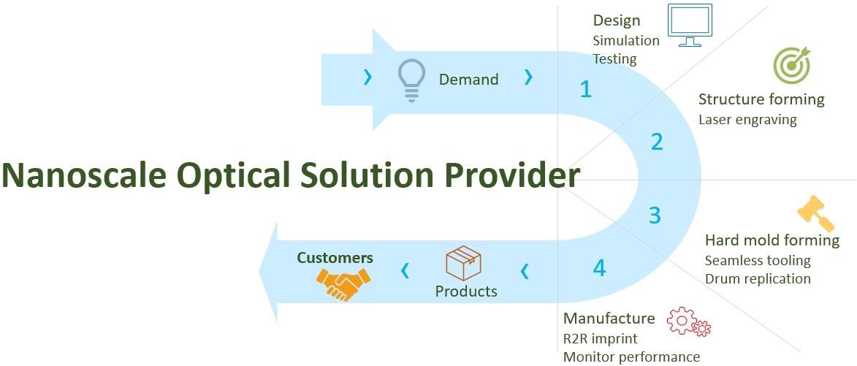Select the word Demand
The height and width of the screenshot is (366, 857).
[x=468, y=80]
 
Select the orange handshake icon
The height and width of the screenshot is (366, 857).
[x=343, y=283]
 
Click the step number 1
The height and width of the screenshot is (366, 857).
[x=585, y=89]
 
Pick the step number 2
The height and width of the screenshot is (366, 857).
[x=657, y=142]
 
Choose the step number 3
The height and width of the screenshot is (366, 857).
[x=655, y=216]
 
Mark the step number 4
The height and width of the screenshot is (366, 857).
[x=599, y=268]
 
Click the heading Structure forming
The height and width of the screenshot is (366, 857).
[x=761, y=99]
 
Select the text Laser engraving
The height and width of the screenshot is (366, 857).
[x=747, y=119]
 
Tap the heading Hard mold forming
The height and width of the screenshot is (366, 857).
[x=772, y=240]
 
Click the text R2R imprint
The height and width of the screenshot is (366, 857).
[x=600, y=339]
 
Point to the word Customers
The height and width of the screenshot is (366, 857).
[x=335, y=258]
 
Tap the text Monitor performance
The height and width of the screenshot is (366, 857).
[x=631, y=357]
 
